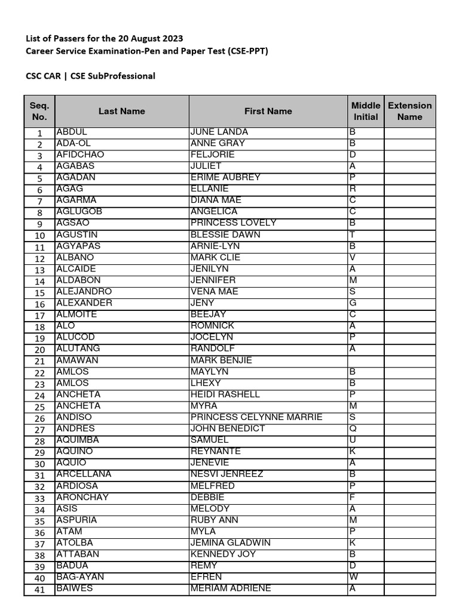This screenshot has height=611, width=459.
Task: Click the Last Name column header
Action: (x=122, y=111)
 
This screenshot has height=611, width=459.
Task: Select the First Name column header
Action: (x=268, y=111)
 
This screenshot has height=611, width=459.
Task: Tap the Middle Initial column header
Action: (x=366, y=111)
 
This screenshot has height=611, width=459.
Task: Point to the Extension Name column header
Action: (x=409, y=111)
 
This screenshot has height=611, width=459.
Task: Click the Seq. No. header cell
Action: (x=39, y=111)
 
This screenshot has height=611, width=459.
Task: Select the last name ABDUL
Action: (x=72, y=132)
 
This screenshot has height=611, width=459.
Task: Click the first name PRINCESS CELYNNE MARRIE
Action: (x=256, y=417)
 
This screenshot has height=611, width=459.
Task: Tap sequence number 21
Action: (x=39, y=362)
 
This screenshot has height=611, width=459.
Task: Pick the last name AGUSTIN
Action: (x=76, y=234)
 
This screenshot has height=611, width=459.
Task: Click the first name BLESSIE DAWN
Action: (x=225, y=234)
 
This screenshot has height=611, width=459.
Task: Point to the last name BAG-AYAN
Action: (x=79, y=577)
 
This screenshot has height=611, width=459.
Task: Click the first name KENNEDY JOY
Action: (x=223, y=554)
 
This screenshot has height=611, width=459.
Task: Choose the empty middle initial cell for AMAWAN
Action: (x=366, y=360)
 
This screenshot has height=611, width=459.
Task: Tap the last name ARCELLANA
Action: (x=84, y=474)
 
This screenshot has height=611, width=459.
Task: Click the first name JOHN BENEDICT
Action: (x=228, y=428)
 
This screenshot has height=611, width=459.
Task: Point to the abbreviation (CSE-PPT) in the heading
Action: (x=247, y=51)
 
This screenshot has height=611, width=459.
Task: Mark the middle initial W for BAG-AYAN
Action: (x=353, y=577)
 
